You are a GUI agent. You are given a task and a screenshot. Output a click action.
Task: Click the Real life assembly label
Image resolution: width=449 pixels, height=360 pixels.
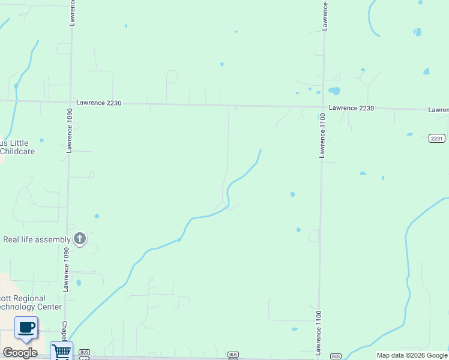tap(37, 239)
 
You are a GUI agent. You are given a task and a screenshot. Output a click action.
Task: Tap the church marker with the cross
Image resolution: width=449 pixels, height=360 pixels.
tap(79, 239)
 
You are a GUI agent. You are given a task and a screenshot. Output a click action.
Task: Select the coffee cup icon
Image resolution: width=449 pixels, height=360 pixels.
tap(26, 328)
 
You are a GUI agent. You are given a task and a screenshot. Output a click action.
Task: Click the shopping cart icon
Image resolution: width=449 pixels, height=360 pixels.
tap(61, 351)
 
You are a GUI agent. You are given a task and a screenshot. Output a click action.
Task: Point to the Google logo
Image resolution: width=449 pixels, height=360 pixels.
tap(20, 352)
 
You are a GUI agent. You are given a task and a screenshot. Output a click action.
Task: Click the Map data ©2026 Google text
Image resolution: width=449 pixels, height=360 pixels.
tap(412, 355)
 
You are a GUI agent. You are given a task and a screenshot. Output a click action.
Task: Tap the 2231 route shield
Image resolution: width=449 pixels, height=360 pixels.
tap(437, 138)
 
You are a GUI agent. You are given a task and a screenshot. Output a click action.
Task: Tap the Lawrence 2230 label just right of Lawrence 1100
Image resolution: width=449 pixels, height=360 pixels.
tap(351, 108)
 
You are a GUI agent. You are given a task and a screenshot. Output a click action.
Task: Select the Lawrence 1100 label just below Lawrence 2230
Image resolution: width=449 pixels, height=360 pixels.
tap(322, 137)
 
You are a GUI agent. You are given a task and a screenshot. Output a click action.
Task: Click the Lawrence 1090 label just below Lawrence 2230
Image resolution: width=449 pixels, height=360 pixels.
tap(70, 129)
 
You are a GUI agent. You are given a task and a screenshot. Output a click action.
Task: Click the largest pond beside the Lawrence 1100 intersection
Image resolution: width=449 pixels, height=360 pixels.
tap(334, 91)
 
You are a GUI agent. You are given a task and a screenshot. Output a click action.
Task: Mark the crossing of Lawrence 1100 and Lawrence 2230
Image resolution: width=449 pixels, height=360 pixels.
tap(323, 108)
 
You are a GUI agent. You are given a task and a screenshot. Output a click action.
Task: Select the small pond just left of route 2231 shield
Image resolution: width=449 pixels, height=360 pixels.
tap(409, 134)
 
